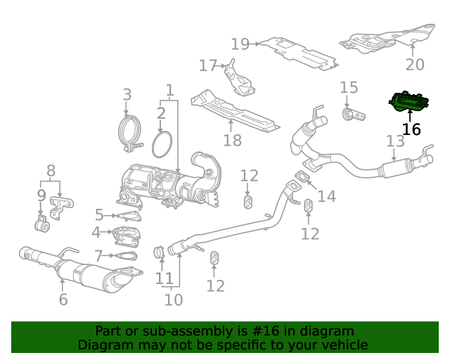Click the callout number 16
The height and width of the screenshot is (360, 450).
(x=411, y=129)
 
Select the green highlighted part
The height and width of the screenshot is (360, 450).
(x=408, y=103)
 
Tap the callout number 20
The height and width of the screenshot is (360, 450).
(x=415, y=65)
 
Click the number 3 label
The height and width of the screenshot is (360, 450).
(x=127, y=94)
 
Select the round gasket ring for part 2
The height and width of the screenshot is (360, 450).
(x=162, y=144)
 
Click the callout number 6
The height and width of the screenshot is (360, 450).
(x=63, y=300)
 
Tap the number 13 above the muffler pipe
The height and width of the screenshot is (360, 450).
(x=395, y=141)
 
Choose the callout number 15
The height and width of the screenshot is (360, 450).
(x=349, y=88)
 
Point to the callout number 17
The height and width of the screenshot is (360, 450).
(x=208, y=66)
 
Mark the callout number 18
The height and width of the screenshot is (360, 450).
(x=232, y=141)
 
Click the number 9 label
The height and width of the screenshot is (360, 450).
(x=41, y=195)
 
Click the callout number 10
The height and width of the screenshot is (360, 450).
(x=173, y=300)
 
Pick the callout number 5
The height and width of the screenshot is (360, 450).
(x=99, y=215)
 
